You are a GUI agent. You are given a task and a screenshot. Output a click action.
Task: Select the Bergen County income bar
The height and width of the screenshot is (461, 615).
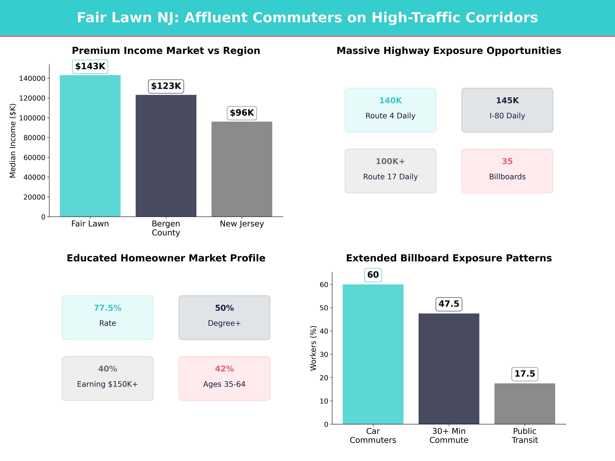pyautogui.click(x=166, y=156)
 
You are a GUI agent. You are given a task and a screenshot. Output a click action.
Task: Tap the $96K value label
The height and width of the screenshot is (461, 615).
pyautogui.click(x=242, y=113)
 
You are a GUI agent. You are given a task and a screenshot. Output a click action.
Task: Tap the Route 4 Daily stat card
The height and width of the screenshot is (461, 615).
pyautogui.click(x=390, y=110)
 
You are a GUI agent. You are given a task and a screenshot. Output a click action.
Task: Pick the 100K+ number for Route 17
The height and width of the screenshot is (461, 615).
pyautogui.click(x=390, y=161)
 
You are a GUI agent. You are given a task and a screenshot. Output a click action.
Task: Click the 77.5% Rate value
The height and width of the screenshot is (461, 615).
pyautogui.click(x=108, y=308)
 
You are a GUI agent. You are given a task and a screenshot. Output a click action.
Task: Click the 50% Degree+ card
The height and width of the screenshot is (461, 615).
pyautogui.click(x=224, y=317)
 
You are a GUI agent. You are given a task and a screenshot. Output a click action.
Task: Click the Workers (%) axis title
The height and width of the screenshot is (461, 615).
pyautogui.click(x=313, y=348)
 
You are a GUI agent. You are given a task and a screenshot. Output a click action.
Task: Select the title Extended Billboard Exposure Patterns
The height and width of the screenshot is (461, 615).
pyautogui.click(x=449, y=258)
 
